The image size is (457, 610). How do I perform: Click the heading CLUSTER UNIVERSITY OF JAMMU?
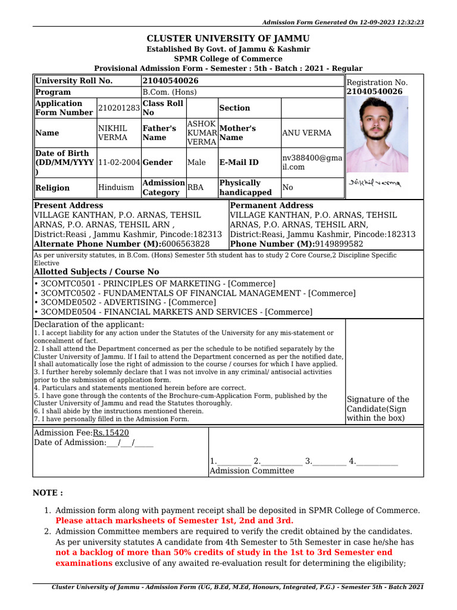click(x=228, y=38)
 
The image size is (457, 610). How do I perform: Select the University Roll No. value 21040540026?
click(x=170, y=80)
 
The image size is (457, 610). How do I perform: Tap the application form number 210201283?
click(x=119, y=108)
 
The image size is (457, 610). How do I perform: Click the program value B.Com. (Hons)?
click(x=169, y=92)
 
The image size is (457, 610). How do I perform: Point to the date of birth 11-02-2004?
click(x=119, y=163)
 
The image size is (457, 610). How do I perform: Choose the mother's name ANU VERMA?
click(x=306, y=133)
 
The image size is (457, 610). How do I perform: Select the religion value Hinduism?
click(x=116, y=188)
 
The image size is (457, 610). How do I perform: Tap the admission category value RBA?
click(x=195, y=188)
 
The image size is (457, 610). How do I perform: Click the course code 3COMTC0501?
click(x=65, y=284)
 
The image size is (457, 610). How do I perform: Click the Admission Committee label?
click(x=251, y=471)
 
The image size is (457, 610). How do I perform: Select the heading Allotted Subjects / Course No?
click(x=96, y=272)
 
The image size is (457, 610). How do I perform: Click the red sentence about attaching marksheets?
click(x=174, y=520)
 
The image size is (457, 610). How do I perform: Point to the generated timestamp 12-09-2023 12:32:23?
click(x=391, y=22)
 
